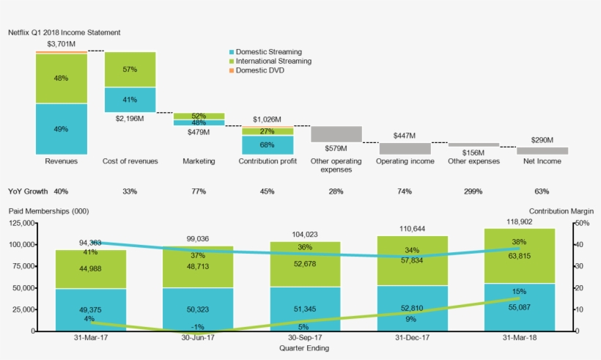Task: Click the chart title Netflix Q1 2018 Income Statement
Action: (64, 33)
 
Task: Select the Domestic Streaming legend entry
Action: (269, 52)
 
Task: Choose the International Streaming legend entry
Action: (273, 62)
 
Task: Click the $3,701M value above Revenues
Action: (62, 44)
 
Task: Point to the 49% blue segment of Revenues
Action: (62, 129)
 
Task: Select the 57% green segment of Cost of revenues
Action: (130, 70)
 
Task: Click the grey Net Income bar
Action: (542, 150)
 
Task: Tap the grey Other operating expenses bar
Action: (336, 134)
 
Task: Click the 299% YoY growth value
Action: (473, 191)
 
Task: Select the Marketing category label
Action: (199, 161)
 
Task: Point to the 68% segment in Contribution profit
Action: (268, 144)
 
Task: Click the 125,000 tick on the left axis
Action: (21, 223)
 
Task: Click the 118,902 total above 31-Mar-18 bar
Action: (511, 221)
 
